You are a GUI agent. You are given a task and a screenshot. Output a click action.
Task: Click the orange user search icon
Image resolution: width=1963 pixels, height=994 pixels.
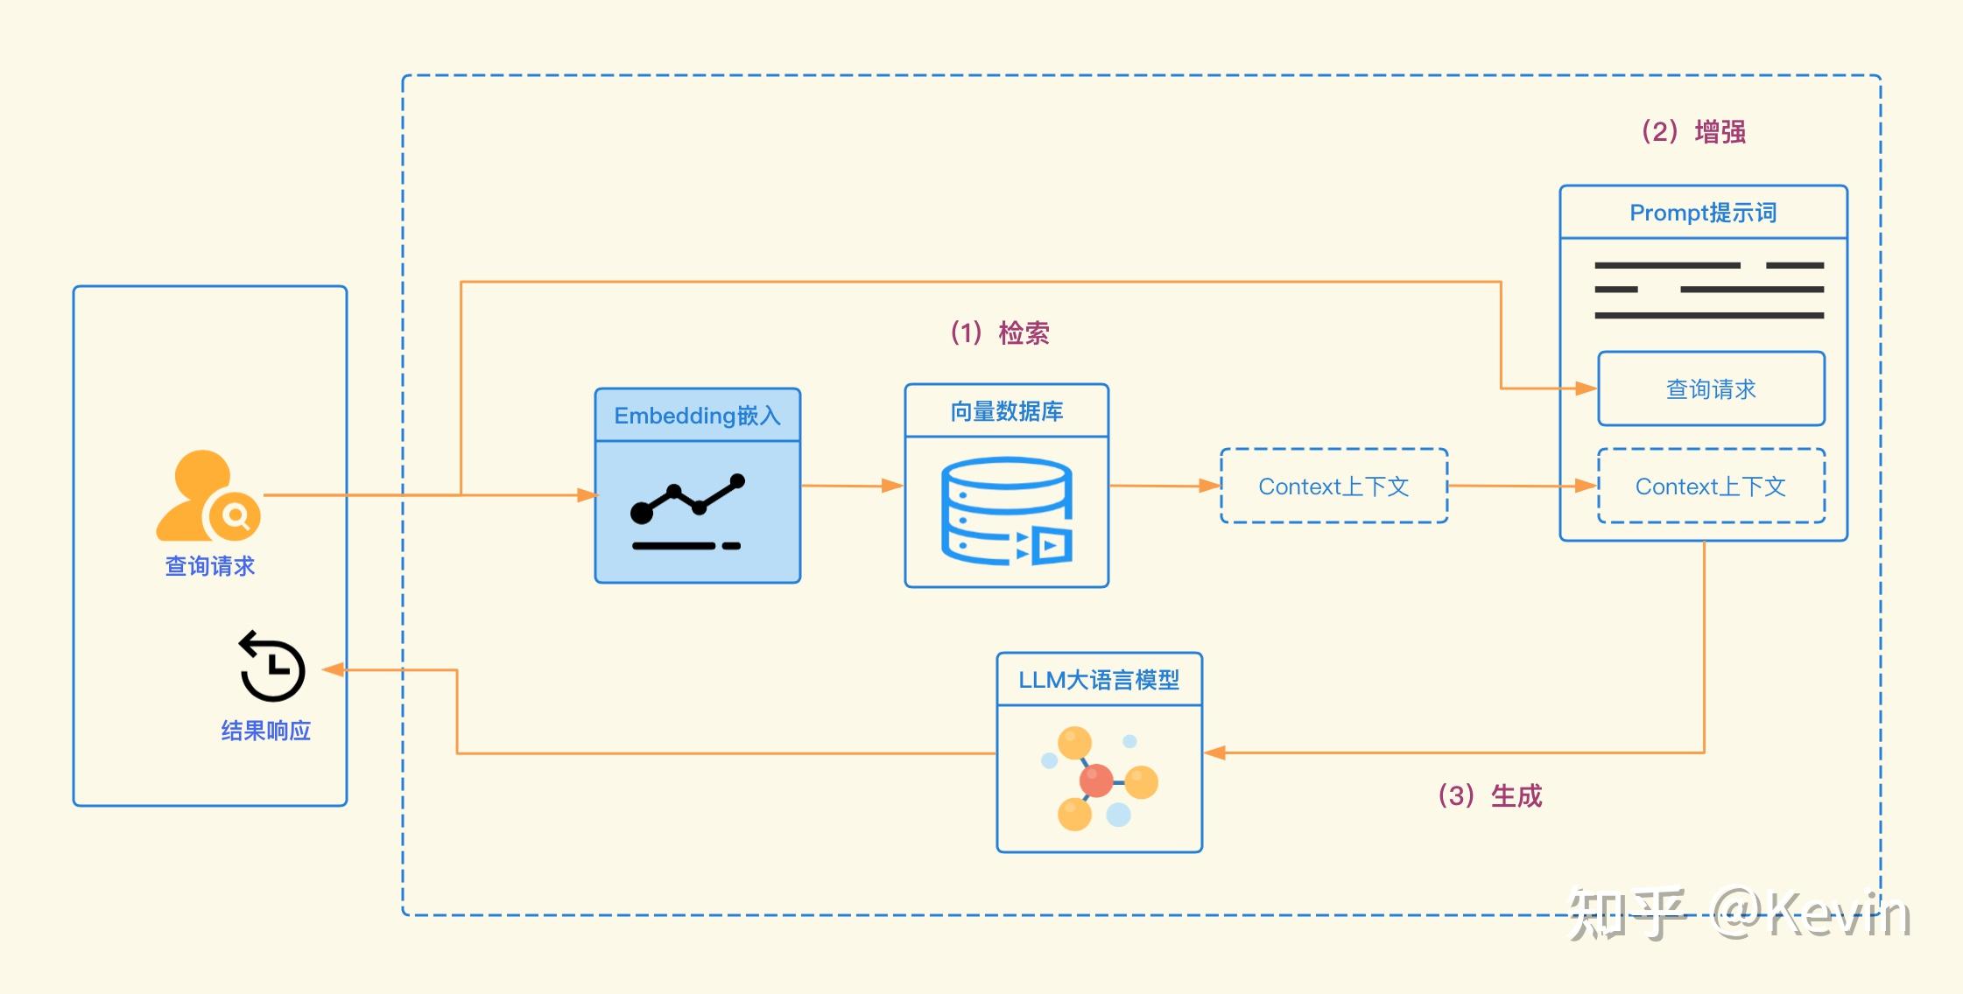(208, 496)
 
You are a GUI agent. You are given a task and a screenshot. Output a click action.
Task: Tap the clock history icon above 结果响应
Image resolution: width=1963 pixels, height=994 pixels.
(272, 667)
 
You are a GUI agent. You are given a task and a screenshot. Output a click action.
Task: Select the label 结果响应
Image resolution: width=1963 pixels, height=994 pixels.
(265, 731)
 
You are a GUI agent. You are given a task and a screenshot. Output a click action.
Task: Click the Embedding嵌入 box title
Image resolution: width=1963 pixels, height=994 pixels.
(697, 416)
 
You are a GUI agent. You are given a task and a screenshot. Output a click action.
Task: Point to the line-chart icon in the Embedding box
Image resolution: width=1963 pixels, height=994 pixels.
(688, 513)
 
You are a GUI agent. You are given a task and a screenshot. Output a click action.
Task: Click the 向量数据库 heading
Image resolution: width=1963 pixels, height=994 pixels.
(1006, 411)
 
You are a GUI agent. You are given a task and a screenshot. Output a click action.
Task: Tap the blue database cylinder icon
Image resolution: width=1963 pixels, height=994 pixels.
(1006, 511)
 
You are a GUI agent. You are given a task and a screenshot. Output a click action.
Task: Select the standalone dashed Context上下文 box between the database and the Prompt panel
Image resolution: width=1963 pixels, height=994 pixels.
(1333, 486)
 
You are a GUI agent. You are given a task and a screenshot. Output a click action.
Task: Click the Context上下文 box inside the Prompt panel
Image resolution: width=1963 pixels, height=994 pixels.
(1710, 486)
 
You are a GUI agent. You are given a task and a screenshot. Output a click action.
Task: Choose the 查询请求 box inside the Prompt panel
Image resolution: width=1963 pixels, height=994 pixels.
(1710, 389)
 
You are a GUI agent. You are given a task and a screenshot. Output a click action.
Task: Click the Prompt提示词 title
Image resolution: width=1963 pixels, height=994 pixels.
(1702, 213)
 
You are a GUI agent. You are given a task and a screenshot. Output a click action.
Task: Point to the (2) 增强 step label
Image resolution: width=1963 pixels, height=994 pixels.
(1693, 132)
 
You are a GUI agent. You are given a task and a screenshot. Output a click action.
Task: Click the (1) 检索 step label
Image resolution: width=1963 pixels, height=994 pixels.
(1000, 333)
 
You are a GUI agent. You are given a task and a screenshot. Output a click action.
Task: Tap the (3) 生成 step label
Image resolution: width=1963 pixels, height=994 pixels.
(1489, 796)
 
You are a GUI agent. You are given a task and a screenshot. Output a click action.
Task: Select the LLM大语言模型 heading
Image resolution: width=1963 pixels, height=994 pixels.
(1098, 680)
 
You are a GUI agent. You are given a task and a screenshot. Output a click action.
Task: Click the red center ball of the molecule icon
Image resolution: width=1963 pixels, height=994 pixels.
(1095, 780)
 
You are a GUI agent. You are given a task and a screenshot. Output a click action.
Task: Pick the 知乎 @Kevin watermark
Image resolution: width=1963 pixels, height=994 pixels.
(1737, 915)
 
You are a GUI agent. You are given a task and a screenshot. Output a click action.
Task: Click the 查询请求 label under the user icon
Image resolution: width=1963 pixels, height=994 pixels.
(209, 566)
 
